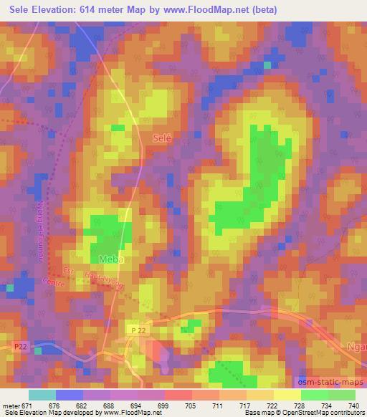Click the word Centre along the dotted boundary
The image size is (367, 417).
pos(53,281)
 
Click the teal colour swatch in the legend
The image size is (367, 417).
pos(42,395)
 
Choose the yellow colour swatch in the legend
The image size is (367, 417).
pos(286,395)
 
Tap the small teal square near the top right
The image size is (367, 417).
pos(267,64)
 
